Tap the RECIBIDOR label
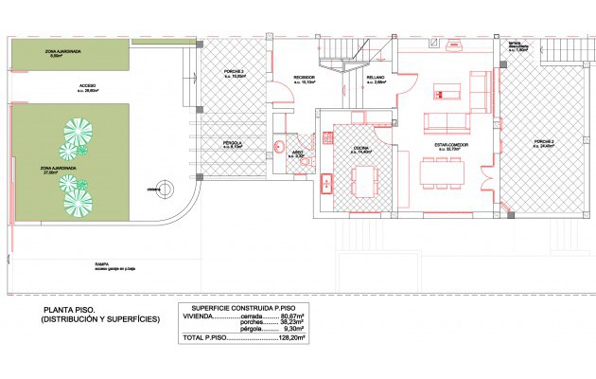[305, 79]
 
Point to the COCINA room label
[361, 148]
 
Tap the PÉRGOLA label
[232, 144]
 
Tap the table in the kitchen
[364, 179]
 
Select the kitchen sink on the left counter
[325, 184]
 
